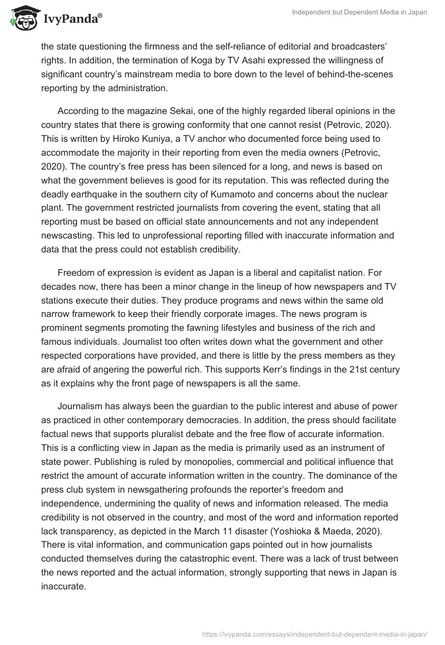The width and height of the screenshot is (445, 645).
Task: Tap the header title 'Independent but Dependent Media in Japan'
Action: point(359,12)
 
